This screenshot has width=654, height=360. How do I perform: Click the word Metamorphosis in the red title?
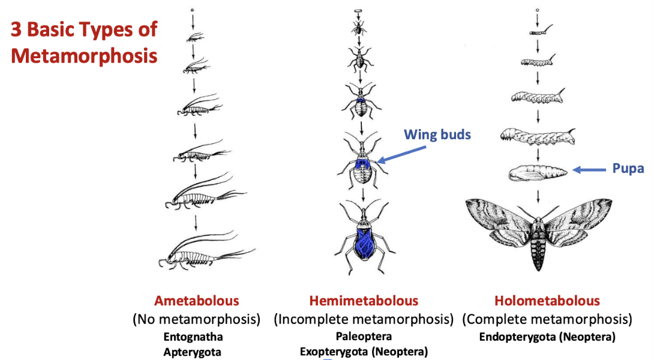coord(85,56)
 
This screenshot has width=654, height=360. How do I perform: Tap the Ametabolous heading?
coord(197,301)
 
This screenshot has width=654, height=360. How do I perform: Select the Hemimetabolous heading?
coord(364,301)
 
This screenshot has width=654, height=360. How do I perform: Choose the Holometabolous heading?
coord(547,301)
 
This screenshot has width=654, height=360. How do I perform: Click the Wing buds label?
coord(437,134)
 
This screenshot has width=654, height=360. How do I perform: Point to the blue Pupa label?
coord(629,170)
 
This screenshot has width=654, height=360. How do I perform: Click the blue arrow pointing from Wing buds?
coord(402,153)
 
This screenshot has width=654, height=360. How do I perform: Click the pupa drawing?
coord(538,173)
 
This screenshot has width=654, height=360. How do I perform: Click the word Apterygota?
coord(192,352)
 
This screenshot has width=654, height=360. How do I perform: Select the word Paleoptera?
coord(364,337)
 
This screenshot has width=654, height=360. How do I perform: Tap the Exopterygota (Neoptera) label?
coord(364,352)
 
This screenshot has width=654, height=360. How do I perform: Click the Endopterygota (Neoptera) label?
coord(547,337)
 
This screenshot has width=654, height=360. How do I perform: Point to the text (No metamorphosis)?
coord(197,319)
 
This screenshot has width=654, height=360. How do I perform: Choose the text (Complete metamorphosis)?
coord(547,319)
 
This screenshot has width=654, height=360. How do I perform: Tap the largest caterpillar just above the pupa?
coord(538,137)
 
